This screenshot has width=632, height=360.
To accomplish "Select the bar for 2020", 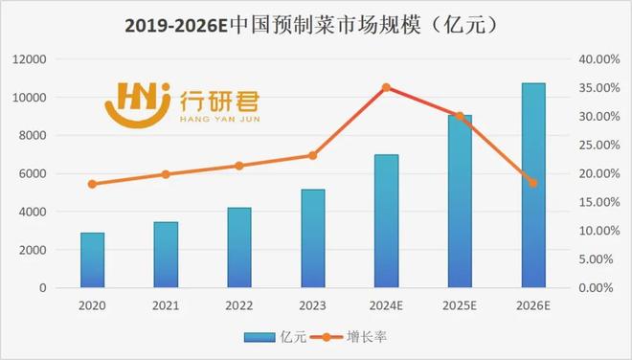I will pyautogui.click(x=93, y=260).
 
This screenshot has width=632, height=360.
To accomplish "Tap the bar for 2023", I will pyautogui.click(x=313, y=239).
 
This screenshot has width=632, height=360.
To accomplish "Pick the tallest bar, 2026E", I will pyautogui.click(x=533, y=186).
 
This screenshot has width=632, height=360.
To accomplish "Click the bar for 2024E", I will pyautogui.click(x=386, y=221).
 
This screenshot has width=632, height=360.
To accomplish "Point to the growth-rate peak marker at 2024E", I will pyautogui.click(x=386, y=87).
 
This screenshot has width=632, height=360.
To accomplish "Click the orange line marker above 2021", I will pyautogui.click(x=166, y=174).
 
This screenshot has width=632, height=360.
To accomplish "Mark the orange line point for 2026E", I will pyautogui.click(x=533, y=183).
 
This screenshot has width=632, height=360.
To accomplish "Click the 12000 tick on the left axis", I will pyautogui.click(x=29, y=59).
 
